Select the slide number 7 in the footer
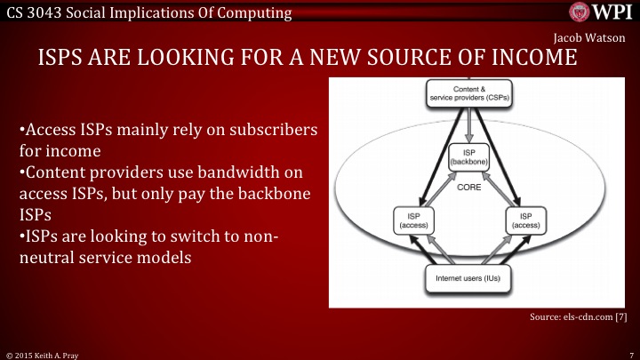pyautogui.click(x=629, y=353)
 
